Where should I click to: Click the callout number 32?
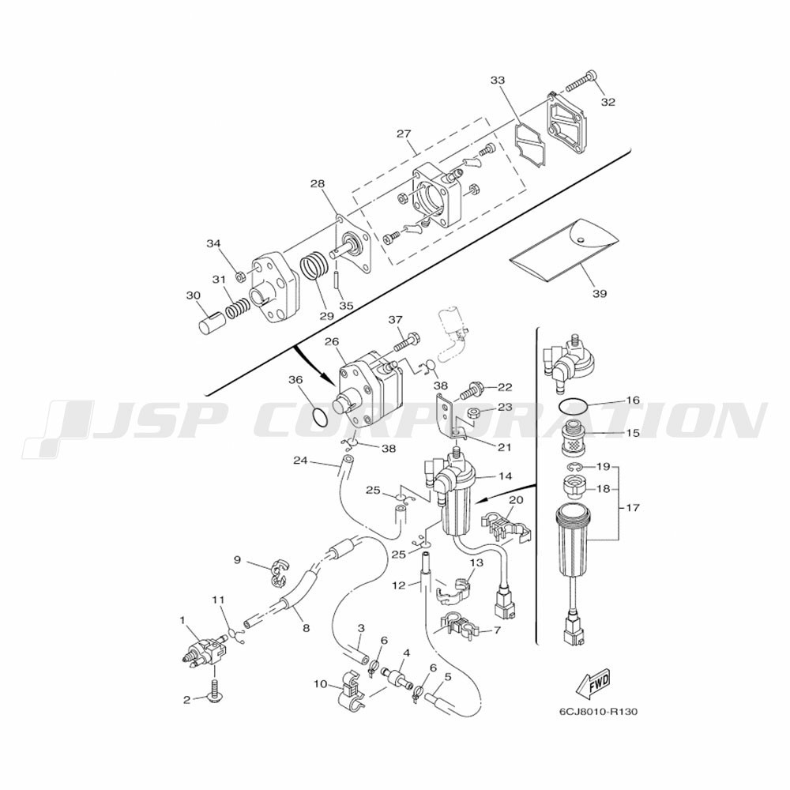(608, 102)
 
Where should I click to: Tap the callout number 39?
(600, 293)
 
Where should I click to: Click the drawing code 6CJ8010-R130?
(598, 712)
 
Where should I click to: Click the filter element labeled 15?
(572, 432)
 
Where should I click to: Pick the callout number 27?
(404, 134)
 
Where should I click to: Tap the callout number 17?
(632, 507)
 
